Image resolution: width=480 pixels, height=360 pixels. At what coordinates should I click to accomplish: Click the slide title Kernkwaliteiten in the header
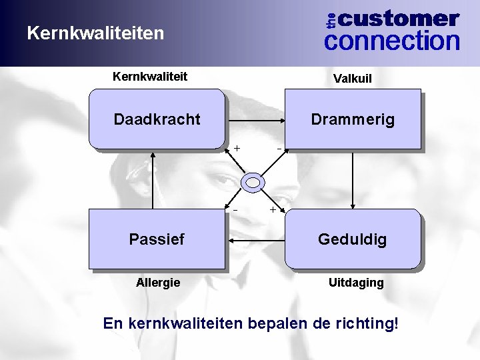coord(95,32)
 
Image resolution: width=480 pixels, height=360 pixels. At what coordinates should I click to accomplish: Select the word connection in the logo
coord(392,41)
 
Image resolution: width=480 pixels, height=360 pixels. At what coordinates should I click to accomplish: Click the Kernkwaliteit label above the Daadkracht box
coord(150,77)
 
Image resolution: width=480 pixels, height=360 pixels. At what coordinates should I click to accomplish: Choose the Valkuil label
coord(353,79)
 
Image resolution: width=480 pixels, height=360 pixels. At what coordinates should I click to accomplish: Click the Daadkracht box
coord(157,119)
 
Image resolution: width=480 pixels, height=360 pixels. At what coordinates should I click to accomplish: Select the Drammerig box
coord(353,119)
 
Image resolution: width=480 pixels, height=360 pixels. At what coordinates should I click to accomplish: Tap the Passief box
coord(157,239)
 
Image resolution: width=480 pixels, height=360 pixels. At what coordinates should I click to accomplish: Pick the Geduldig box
coord(353,239)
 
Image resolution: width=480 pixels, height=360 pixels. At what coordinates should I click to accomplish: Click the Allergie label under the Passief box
coord(158,283)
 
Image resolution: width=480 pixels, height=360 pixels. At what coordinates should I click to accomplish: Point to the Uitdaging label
coord(356,283)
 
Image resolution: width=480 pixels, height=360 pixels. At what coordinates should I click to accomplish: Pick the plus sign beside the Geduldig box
coord(273,210)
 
